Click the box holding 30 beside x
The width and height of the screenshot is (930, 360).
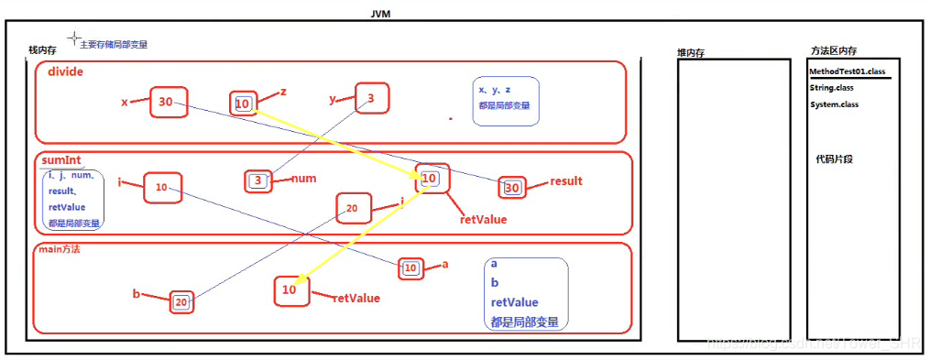pos(168,102)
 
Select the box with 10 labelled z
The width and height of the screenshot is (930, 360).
pos(243,104)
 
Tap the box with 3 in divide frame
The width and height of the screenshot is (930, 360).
pos(372,99)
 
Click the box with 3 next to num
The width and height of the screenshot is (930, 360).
pos(259,180)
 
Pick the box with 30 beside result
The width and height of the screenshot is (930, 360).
pos(512,189)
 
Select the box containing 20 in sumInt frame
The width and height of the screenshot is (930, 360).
pos(353,209)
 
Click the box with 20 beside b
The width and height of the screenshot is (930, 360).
pos(182,301)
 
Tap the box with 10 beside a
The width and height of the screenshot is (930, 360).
pos(411,268)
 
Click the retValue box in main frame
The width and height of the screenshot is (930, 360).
pos(290,290)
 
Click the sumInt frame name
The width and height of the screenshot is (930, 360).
pos(61,159)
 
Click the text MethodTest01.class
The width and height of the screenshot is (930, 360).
pos(848,71)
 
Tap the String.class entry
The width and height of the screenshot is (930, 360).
pos(832,88)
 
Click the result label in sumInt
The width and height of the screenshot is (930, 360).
pos(566,181)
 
